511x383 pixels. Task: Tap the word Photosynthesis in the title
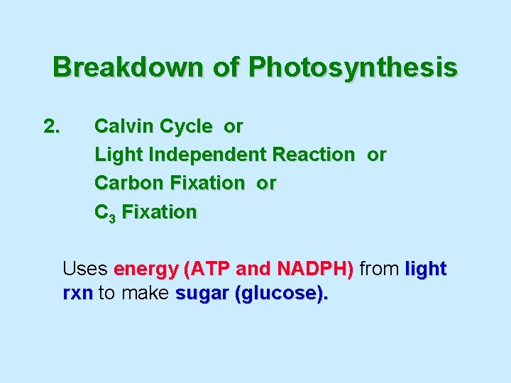click(353, 68)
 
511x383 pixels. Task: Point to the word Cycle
click(186, 127)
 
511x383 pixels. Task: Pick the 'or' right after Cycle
click(233, 127)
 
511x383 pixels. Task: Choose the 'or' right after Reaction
click(377, 155)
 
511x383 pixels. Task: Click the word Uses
click(84, 270)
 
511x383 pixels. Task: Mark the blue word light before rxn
click(425, 270)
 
